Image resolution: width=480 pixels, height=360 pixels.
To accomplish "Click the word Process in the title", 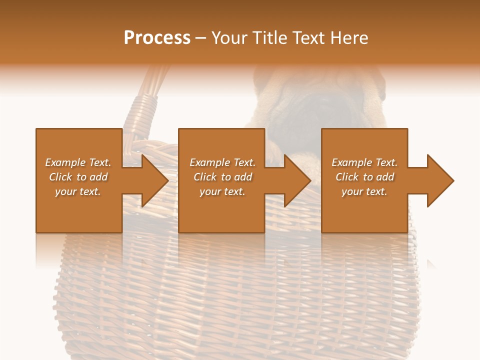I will (157, 38).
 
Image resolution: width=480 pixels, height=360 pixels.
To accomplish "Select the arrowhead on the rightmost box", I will (439, 180).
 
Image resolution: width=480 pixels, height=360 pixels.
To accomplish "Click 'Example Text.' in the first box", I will (78, 162).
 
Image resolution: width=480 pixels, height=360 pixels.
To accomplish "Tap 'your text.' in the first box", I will (78, 191).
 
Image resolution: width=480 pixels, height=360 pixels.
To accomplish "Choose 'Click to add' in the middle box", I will (222, 177).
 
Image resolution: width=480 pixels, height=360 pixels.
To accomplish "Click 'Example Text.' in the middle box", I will (222, 162).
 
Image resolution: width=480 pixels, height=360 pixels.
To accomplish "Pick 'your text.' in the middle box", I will (222, 191).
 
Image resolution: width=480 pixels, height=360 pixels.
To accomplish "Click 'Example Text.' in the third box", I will (364, 162).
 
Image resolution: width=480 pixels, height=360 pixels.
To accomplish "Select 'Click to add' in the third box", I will (364, 177).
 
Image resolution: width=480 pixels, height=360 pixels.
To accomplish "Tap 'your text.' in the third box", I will (364, 191).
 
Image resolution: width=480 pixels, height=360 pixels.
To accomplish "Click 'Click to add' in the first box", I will (78, 177).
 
